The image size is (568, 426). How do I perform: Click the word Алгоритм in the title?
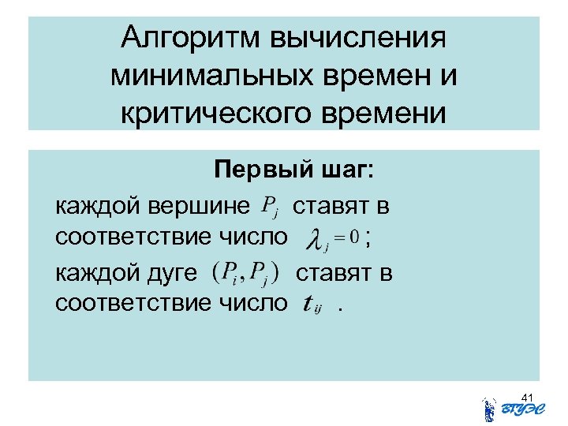[x=190, y=38]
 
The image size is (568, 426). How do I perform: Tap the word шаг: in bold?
[x=339, y=171]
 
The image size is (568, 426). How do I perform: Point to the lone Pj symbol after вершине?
[x=269, y=208]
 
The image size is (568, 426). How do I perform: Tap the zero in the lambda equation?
[x=354, y=237]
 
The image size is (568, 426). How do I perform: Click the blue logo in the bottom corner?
[x=508, y=409]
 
